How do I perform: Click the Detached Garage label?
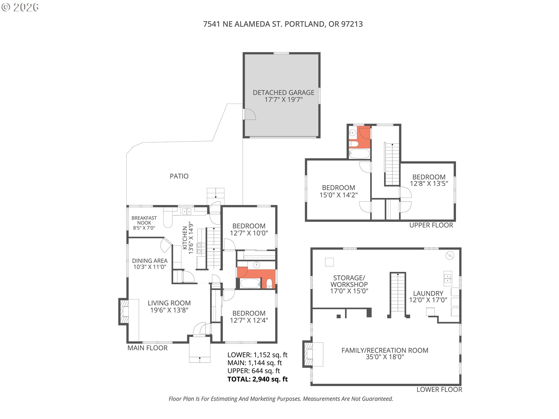pyautogui.click(x=284, y=96)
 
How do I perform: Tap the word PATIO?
pyautogui.click(x=179, y=176)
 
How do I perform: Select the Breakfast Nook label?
pyautogui.click(x=144, y=223)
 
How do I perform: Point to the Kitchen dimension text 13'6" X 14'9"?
pyautogui.click(x=191, y=238)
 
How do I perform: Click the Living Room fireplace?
pyautogui.click(x=123, y=311)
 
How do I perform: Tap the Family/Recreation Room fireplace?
pyautogui.click(x=308, y=354)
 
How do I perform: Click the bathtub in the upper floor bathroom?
pyautogui.click(x=359, y=153)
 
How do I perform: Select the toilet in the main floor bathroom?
pyautogui.click(x=269, y=283)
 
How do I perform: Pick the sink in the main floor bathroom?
pyautogui.click(x=256, y=265)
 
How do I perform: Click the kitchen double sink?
pyautogui.click(x=187, y=212)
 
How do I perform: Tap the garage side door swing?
pyautogui.click(x=250, y=114)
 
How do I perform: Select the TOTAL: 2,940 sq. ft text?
pyautogui.click(x=258, y=379)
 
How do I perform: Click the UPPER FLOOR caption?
pyautogui.click(x=431, y=225)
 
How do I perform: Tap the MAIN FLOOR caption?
pyautogui.click(x=148, y=348)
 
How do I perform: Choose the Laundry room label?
pyautogui.click(x=428, y=297)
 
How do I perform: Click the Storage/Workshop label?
pyautogui.click(x=349, y=284)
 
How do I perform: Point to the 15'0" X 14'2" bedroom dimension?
pyautogui.click(x=339, y=195)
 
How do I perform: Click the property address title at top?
pyautogui.click(x=283, y=24)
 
